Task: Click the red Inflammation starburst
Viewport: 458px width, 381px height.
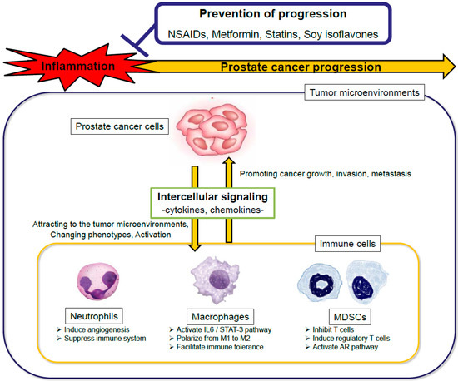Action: pyautogui.click(x=77, y=67)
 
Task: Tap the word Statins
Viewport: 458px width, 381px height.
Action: pyautogui.click(x=281, y=34)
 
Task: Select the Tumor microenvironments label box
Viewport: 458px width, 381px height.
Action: pyautogui.click(x=364, y=92)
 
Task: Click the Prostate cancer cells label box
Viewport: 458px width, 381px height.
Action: pyautogui.click(x=119, y=126)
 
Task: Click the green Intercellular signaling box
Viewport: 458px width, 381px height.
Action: pyautogui.click(x=212, y=203)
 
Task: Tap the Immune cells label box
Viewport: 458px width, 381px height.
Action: pyautogui.click(x=347, y=244)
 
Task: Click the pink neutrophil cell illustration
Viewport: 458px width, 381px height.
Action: pyautogui.click(x=98, y=280)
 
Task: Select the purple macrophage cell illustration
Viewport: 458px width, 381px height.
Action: pyautogui.click(x=215, y=280)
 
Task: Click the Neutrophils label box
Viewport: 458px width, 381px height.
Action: pyautogui.click(x=94, y=316)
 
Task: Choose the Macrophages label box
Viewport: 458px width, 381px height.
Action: pyautogui.click(x=220, y=317)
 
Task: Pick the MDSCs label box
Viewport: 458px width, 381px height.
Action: pyautogui.click(x=350, y=317)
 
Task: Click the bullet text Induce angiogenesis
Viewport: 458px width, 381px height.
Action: pyautogui.click(x=97, y=329)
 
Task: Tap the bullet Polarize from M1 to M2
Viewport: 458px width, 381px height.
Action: pyautogui.click(x=213, y=339)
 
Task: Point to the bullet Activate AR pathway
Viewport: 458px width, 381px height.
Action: pyautogui.click(x=345, y=347)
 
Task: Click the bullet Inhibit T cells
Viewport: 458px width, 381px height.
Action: pyautogui.click(x=333, y=329)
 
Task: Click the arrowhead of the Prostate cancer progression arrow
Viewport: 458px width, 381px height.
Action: pyautogui.click(x=449, y=67)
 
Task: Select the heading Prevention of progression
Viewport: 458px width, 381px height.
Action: pyautogui.click(x=273, y=13)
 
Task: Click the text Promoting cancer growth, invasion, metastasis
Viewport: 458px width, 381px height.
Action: pyautogui.click(x=326, y=174)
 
